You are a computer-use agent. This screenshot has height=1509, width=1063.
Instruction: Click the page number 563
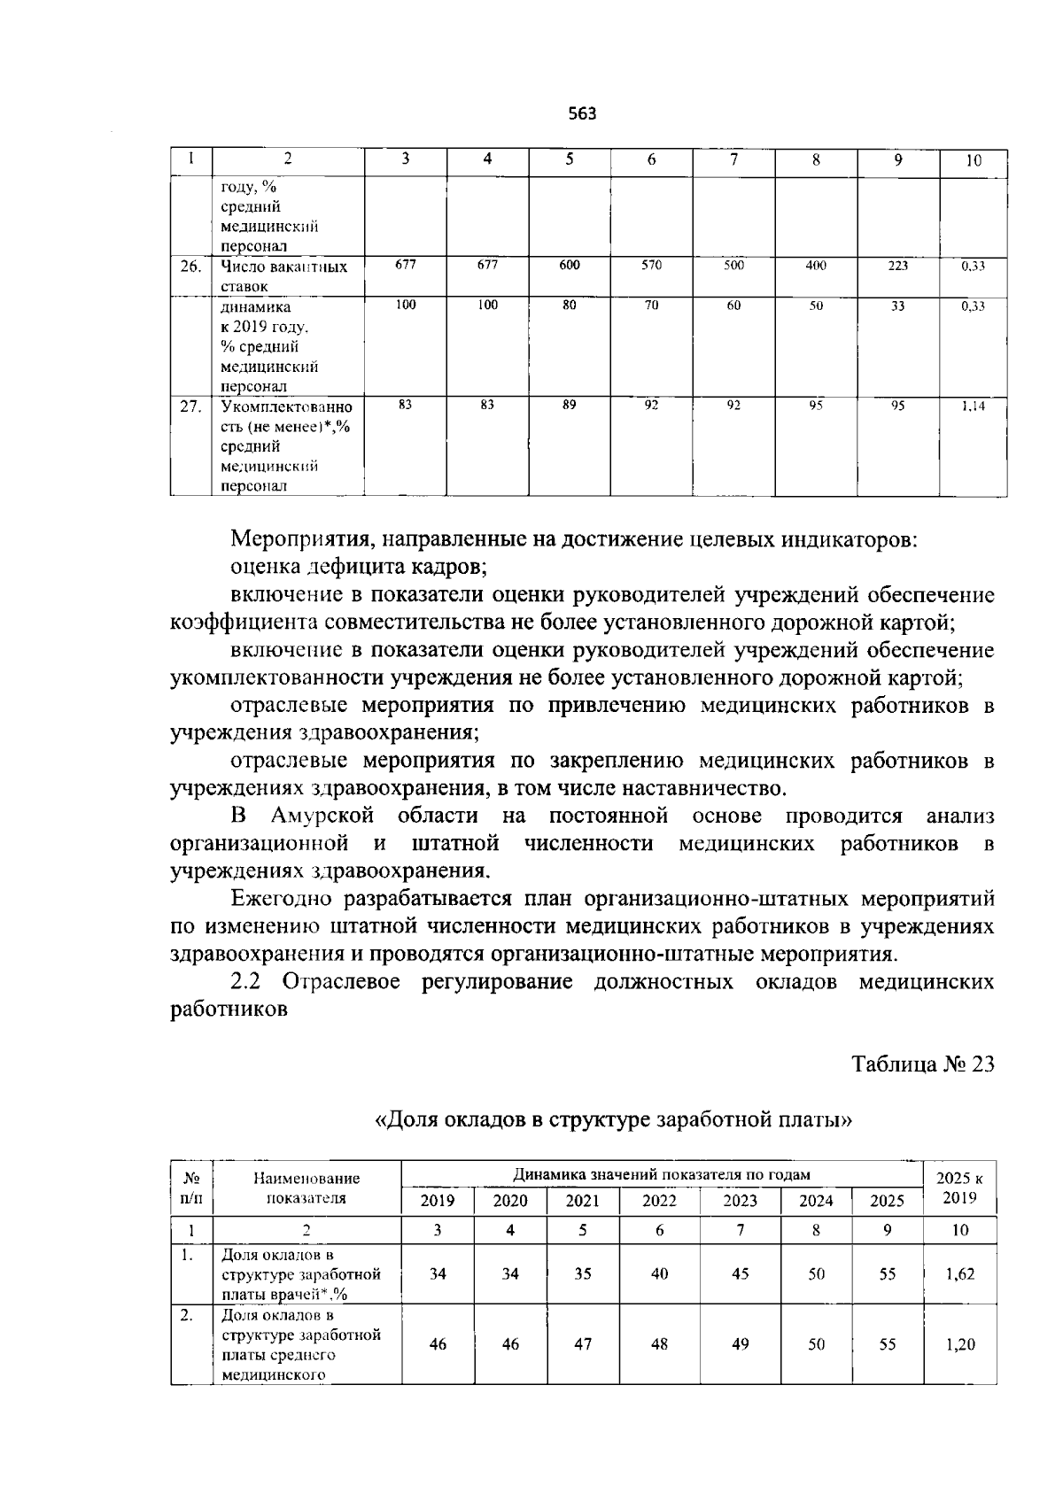coord(582,114)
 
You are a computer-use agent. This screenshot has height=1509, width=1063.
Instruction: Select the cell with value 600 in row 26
coord(570,265)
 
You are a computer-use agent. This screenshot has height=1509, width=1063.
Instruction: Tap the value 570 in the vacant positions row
coord(651,265)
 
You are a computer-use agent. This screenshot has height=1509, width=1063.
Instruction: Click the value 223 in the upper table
coord(897,265)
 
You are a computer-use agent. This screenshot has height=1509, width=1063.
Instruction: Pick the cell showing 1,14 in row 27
coord(973,406)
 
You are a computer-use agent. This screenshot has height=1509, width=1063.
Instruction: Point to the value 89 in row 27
coord(570,405)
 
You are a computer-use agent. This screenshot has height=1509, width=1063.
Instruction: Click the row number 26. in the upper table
coord(190,267)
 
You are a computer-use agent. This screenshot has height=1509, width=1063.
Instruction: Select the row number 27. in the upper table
coord(190,407)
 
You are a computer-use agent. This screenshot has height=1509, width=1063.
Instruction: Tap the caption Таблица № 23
coord(922,1064)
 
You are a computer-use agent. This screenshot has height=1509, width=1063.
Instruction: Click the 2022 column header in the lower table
coord(659,1201)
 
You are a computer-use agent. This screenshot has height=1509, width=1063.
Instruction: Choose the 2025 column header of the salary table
coord(887,1201)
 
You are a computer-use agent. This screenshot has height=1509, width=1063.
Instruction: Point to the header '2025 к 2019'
coord(959,1188)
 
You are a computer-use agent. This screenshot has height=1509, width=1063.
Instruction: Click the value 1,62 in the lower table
coord(960,1274)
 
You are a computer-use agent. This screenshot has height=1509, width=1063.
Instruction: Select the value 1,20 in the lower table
coord(960,1344)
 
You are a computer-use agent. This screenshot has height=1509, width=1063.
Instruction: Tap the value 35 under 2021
coord(583,1274)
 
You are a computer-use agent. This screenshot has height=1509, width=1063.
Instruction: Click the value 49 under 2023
coord(741,1344)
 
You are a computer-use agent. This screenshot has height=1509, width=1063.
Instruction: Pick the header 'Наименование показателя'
coord(306,1188)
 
